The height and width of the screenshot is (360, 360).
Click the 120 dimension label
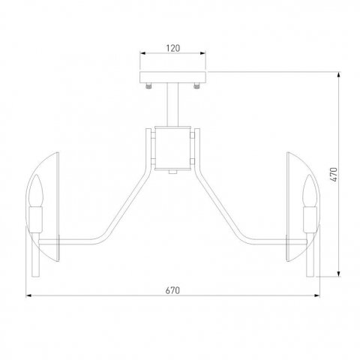pos(173,48)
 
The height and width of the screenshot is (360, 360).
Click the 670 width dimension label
pos(172,290)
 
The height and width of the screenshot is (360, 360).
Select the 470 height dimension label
pos(334,175)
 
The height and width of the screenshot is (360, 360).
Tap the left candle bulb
pos(36,190)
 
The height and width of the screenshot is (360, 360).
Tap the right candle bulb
pos(310,190)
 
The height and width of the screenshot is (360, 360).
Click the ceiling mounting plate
pos(172,77)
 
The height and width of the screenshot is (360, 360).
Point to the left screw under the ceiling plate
pos(149,86)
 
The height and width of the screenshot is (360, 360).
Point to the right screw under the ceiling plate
pos(196,86)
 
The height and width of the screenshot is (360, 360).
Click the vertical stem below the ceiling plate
pos(172,104)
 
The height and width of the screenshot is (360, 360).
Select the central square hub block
pos(172,148)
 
